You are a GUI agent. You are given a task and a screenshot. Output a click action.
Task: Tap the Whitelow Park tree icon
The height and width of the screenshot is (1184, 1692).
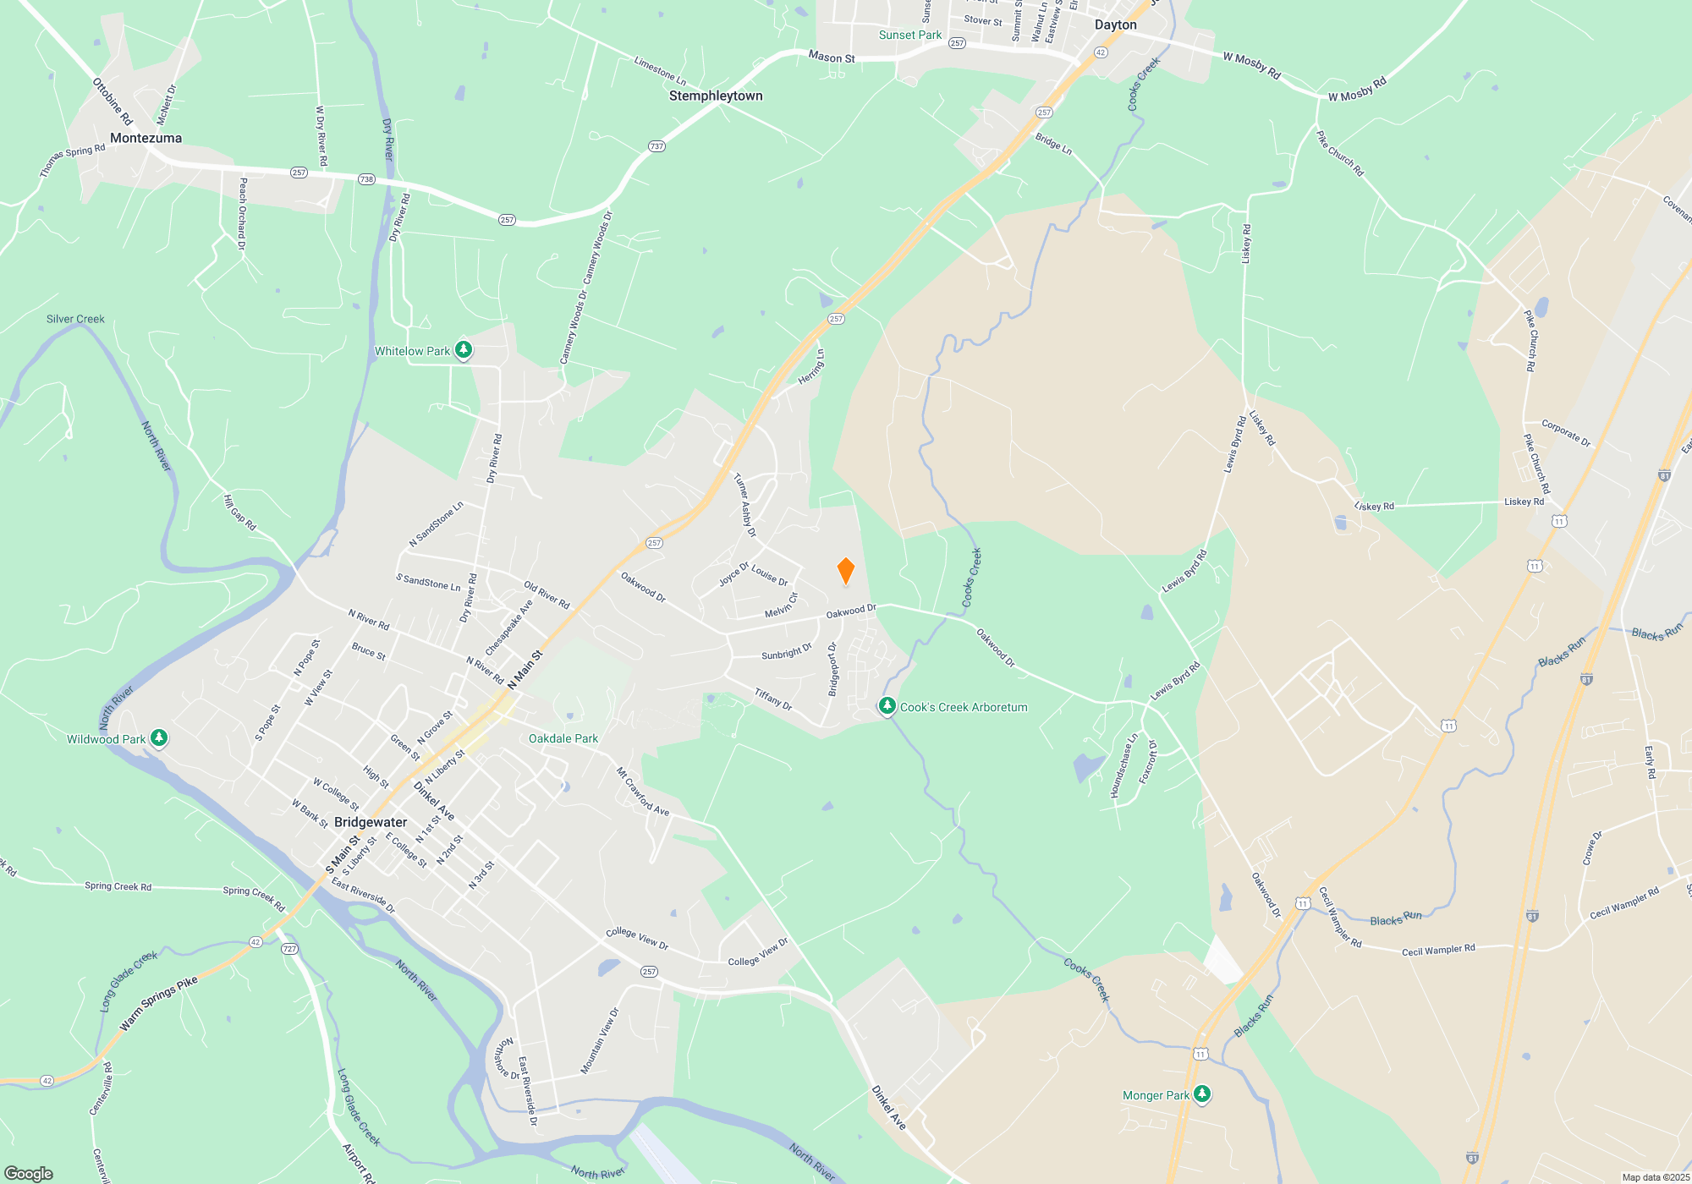[463, 349]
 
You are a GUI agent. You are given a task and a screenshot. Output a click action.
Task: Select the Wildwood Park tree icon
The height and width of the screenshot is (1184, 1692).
[158, 737]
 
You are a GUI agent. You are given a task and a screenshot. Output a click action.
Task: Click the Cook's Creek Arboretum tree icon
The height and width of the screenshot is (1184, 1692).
[887, 705]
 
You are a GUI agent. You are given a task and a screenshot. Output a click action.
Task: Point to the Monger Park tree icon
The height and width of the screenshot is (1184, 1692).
[1201, 1094]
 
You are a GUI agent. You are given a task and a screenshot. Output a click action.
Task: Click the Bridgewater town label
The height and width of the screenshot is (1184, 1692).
[371, 822]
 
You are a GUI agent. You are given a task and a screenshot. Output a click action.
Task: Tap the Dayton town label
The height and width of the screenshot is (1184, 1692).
[1115, 25]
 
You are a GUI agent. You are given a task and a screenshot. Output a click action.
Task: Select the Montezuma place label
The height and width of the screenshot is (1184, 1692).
[146, 138]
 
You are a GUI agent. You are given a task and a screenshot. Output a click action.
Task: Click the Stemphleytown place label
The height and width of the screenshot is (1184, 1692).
[716, 96]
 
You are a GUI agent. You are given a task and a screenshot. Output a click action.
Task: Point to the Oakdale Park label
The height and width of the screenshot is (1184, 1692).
[563, 738]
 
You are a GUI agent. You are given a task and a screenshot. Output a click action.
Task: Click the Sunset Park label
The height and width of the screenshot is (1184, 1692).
[909, 35]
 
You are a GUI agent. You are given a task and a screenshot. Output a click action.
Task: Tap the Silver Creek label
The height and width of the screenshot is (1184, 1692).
[75, 319]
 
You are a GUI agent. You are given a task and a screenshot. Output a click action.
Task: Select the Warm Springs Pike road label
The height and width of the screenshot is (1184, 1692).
[158, 1003]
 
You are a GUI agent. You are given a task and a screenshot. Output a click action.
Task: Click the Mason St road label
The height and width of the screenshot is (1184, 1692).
[831, 57]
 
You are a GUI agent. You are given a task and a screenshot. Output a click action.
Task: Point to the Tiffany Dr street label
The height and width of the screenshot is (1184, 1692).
[773, 699]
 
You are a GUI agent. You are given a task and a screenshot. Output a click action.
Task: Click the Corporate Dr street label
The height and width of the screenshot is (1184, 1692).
[1565, 433]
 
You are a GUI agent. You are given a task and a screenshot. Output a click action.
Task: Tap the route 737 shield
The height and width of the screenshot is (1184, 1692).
[656, 146]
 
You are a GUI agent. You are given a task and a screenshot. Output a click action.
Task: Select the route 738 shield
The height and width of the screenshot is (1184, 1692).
[365, 179]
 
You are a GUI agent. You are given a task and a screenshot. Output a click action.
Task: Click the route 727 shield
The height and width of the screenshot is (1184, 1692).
[289, 949]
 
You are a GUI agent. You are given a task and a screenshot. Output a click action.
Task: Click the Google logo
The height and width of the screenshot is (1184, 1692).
[29, 1173]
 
